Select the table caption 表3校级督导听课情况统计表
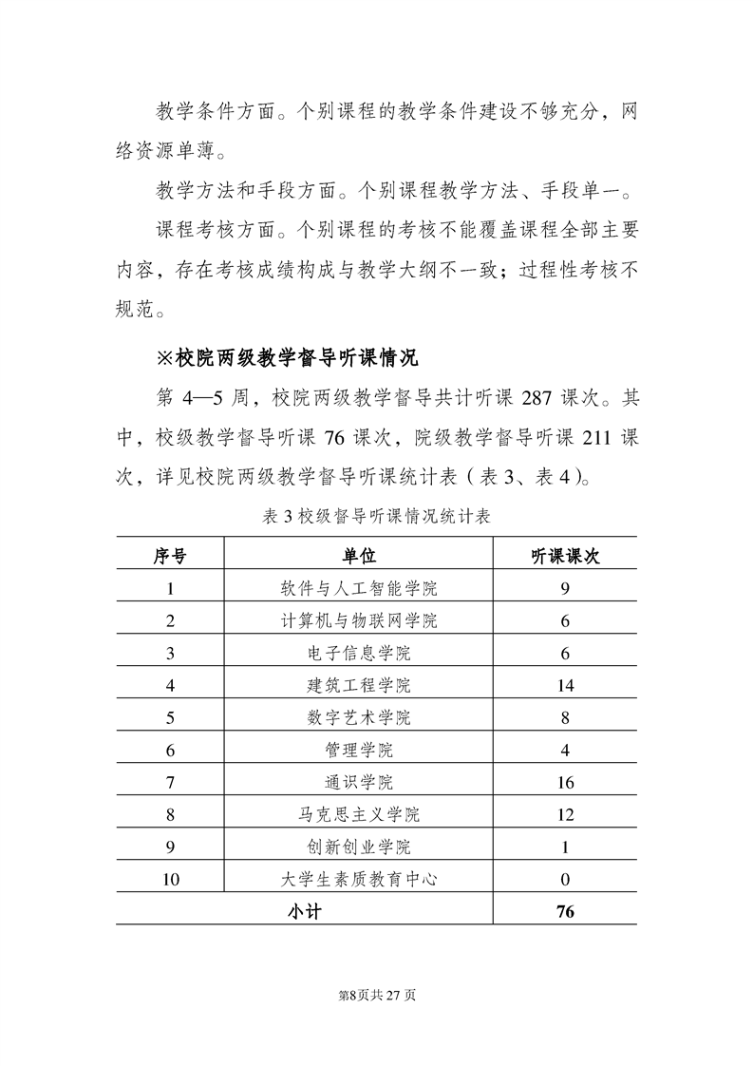point(376,517)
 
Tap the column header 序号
point(170,556)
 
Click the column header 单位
point(359,556)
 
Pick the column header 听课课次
point(565,556)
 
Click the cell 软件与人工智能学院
point(359,588)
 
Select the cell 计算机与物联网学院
point(359,620)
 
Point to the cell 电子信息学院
point(359,653)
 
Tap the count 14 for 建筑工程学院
point(565,685)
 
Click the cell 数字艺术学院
point(359,717)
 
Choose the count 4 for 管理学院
point(565,750)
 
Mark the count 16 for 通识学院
point(565,782)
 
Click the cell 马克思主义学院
point(359,814)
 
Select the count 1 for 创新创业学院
point(565,847)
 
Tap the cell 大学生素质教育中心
point(359,879)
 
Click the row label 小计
point(305,911)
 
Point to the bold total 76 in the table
point(565,911)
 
